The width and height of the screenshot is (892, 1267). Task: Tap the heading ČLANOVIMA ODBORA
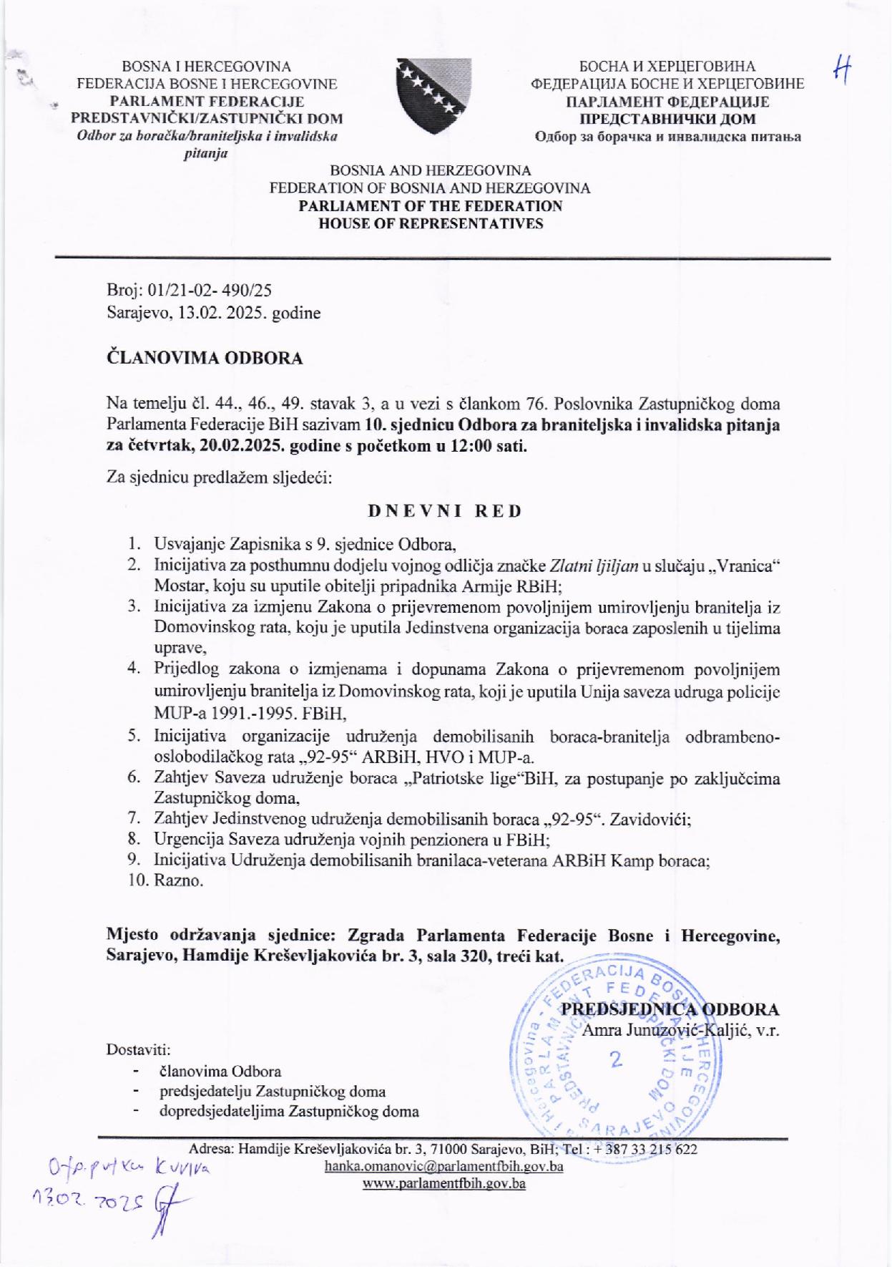[205, 358]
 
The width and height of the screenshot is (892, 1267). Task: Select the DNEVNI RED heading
[445, 511]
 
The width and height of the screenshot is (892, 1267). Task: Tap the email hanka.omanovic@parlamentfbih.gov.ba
[443, 1166]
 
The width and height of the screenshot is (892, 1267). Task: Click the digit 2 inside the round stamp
[615, 1060]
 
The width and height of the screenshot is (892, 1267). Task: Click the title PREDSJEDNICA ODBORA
[670, 1009]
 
